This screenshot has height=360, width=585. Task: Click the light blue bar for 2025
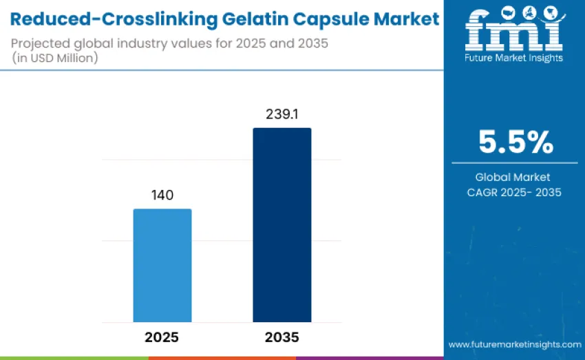(x=162, y=265)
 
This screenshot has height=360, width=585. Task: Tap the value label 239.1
(x=281, y=114)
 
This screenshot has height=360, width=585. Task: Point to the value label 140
(x=162, y=195)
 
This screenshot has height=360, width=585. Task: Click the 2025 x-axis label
(x=162, y=337)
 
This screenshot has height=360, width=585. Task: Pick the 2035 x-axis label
(x=281, y=337)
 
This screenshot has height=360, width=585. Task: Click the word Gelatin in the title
(x=260, y=20)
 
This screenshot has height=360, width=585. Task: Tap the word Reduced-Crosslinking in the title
(x=110, y=20)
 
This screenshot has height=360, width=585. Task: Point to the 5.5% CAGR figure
(x=515, y=142)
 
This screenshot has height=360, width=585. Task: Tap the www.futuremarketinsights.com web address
(x=515, y=344)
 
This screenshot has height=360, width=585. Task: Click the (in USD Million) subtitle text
(x=54, y=59)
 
